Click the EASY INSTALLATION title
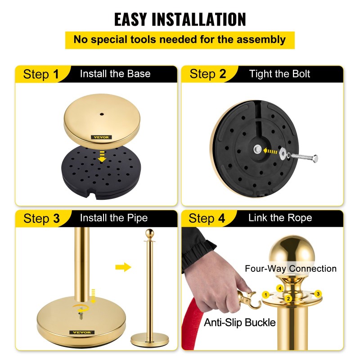pyautogui.click(x=180, y=19)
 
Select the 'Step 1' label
pyautogui.click(x=41, y=74)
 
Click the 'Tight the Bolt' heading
pyautogui.click(x=279, y=74)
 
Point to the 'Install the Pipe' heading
pyautogui.click(x=114, y=218)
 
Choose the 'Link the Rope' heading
pyautogui.click(x=280, y=218)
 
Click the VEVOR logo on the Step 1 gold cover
pyautogui.click(x=101, y=137)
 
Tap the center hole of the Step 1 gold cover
pyautogui.click(x=102, y=114)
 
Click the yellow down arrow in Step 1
pyautogui.click(x=102, y=157)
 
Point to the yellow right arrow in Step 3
pyautogui.click(x=123, y=267)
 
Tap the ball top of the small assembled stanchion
pyautogui.click(x=150, y=233)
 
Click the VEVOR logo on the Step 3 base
pyautogui.click(x=82, y=332)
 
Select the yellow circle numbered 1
pyautogui.click(x=266, y=295)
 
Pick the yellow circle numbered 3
pyautogui.click(x=318, y=294)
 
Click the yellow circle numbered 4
pyautogui.click(x=280, y=288)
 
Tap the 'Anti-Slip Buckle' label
pyautogui.click(x=240, y=323)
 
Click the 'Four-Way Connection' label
pyautogui.click(x=290, y=268)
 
